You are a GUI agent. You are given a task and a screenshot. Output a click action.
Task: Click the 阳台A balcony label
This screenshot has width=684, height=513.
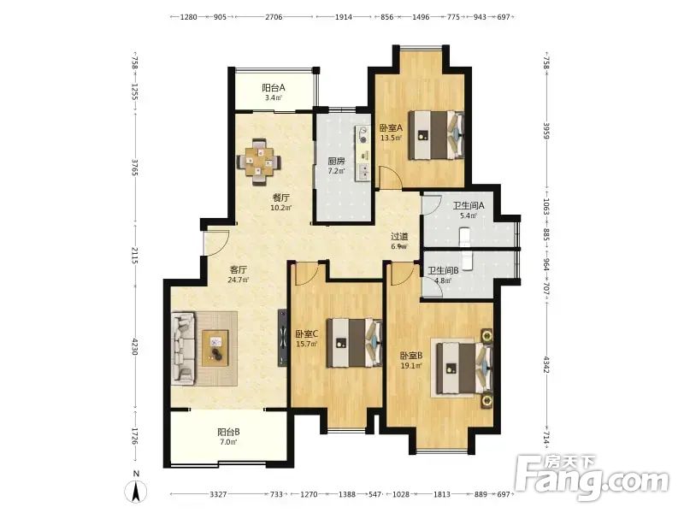tap(274, 88)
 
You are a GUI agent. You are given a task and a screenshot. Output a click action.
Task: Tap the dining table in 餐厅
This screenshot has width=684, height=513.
tap(259, 162)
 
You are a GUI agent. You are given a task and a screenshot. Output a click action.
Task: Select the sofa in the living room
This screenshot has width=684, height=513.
tap(183, 347)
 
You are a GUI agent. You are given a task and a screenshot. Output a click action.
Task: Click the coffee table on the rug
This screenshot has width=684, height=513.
tap(215, 348)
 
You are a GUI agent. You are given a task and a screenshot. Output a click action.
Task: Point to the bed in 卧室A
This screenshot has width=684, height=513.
tap(436, 135)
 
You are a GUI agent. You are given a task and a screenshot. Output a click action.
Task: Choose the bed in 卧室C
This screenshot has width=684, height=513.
tap(354, 343)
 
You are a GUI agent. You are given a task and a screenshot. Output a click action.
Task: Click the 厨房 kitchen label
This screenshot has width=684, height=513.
tap(336, 162)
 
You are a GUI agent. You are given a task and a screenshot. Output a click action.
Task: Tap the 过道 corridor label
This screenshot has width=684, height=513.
tap(399, 237)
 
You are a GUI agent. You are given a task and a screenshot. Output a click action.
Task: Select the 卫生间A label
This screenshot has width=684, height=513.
tap(469, 205)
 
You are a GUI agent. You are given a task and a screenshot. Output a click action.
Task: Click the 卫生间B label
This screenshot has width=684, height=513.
tap(443, 270)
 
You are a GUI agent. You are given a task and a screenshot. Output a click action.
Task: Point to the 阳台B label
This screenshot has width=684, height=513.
tap(228, 433)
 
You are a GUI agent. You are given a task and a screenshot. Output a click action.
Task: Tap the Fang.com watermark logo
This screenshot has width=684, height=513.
tap(592, 479)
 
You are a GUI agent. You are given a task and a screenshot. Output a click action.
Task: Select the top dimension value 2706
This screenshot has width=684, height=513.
tap(274, 17)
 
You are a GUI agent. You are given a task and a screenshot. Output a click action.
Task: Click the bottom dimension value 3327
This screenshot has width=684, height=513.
tap(218, 494)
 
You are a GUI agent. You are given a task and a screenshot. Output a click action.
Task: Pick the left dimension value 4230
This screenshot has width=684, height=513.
tap(135, 346)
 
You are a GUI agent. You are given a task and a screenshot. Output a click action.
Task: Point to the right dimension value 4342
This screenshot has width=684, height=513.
tap(546, 364)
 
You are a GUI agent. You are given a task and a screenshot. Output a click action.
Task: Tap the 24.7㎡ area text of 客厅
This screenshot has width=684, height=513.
tap(239, 280)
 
